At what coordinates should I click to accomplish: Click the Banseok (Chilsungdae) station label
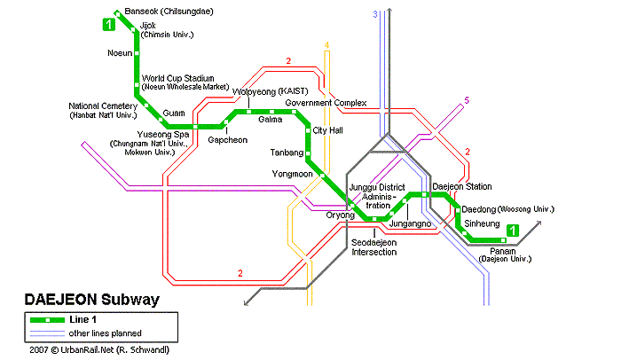169,12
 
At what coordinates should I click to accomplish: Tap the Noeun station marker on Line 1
137,53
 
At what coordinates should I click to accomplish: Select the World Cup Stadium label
177,78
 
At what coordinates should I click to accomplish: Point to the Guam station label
174,113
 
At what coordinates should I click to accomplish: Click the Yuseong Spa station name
162,134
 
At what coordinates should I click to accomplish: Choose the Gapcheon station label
228,140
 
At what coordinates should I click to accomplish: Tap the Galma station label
270,119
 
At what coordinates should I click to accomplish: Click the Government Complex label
326,103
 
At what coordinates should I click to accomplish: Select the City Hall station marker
308,130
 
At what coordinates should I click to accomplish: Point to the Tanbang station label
287,153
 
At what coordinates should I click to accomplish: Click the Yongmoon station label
292,174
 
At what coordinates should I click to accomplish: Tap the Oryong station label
340,215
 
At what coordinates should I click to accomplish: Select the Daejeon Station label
462,186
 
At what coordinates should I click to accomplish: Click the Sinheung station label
482,223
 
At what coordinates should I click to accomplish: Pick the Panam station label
503,251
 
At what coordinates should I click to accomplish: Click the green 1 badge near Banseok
109,25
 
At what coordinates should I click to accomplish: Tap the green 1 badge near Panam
513,231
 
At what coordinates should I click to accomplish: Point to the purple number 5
467,100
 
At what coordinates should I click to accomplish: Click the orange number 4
326,45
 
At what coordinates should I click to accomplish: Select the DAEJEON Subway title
92,300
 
